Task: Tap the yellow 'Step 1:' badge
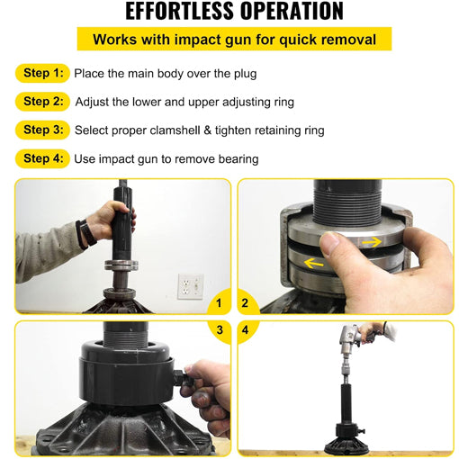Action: [42, 73]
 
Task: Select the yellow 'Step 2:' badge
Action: [42, 102]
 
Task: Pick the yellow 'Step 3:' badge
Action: [42, 130]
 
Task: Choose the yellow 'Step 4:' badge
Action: [42, 158]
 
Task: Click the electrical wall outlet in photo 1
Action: [190, 286]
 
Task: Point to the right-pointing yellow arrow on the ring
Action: [370, 242]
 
